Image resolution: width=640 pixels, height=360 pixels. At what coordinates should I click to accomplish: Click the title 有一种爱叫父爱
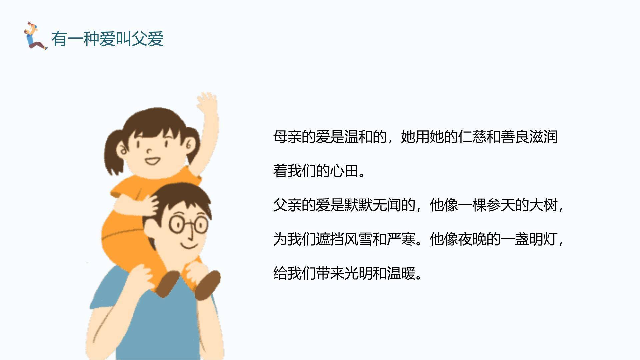pos(107,39)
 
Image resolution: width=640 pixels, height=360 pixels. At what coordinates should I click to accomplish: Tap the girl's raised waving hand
pos(207,104)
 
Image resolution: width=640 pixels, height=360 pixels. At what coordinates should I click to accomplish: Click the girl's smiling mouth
pos(153,162)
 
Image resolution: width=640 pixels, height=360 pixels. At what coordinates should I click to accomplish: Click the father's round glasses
pos(188,224)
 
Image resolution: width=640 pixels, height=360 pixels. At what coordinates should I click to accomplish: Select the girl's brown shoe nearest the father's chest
pos(168,283)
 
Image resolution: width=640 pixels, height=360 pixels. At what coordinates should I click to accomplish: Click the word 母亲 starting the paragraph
pos(287,137)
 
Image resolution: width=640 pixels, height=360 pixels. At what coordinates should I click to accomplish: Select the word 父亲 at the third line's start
pos(287,205)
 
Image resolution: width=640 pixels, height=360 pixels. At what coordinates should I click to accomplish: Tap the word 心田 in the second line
pos(344,171)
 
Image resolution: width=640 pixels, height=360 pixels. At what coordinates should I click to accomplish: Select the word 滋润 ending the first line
pos(543,137)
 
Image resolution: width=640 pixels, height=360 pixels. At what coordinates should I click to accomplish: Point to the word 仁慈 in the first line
pos(472,137)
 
